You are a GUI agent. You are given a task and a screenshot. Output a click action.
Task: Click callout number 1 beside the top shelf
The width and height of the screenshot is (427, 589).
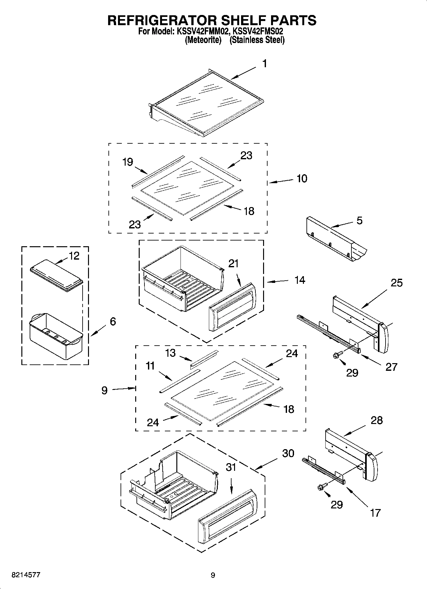(264, 64)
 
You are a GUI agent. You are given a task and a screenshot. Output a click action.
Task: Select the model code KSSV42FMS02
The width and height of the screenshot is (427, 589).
(258, 32)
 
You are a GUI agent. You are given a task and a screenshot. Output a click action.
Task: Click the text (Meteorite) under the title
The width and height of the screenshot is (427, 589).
(203, 40)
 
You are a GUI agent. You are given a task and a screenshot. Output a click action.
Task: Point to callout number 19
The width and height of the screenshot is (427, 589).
(128, 162)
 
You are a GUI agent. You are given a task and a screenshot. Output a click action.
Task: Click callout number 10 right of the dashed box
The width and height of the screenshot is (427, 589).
(302, 178)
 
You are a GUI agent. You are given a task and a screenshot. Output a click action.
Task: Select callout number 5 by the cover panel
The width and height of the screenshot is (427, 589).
(359, 220)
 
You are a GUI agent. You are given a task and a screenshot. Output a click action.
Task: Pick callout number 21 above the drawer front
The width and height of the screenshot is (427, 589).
(233, 263)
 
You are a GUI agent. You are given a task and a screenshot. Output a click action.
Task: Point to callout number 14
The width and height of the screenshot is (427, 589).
(300, 280)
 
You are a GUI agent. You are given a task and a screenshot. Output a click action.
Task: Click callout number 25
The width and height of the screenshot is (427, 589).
(397, 283)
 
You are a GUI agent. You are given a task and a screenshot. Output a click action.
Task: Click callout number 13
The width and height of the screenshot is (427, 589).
(171, 353)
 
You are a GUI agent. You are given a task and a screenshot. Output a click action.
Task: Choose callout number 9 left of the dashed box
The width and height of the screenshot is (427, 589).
(105, 390)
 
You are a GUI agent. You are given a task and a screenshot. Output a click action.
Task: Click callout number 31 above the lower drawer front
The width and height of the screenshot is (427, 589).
(231, 467)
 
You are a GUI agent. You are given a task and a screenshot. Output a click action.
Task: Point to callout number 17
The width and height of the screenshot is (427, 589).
(375, 513)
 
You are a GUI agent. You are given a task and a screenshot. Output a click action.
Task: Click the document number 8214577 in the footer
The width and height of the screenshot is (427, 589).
(26, 575)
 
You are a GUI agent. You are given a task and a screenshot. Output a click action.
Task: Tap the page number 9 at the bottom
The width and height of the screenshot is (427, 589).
(213, 575)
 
